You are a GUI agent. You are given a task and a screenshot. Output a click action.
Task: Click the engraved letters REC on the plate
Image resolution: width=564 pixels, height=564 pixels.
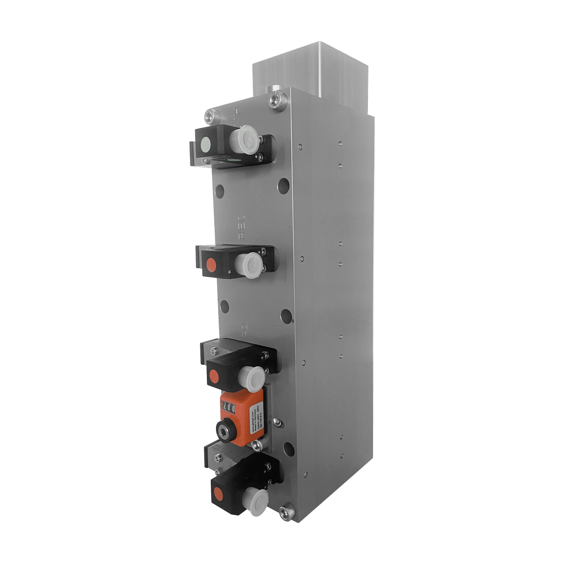(242, 226)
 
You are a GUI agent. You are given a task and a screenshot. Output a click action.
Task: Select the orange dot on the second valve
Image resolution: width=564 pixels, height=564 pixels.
(211, 263)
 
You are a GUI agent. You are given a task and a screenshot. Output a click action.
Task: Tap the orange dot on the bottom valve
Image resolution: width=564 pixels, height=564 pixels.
(217, 493)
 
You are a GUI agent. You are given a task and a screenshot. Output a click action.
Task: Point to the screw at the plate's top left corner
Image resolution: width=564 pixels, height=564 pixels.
(210, 116)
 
